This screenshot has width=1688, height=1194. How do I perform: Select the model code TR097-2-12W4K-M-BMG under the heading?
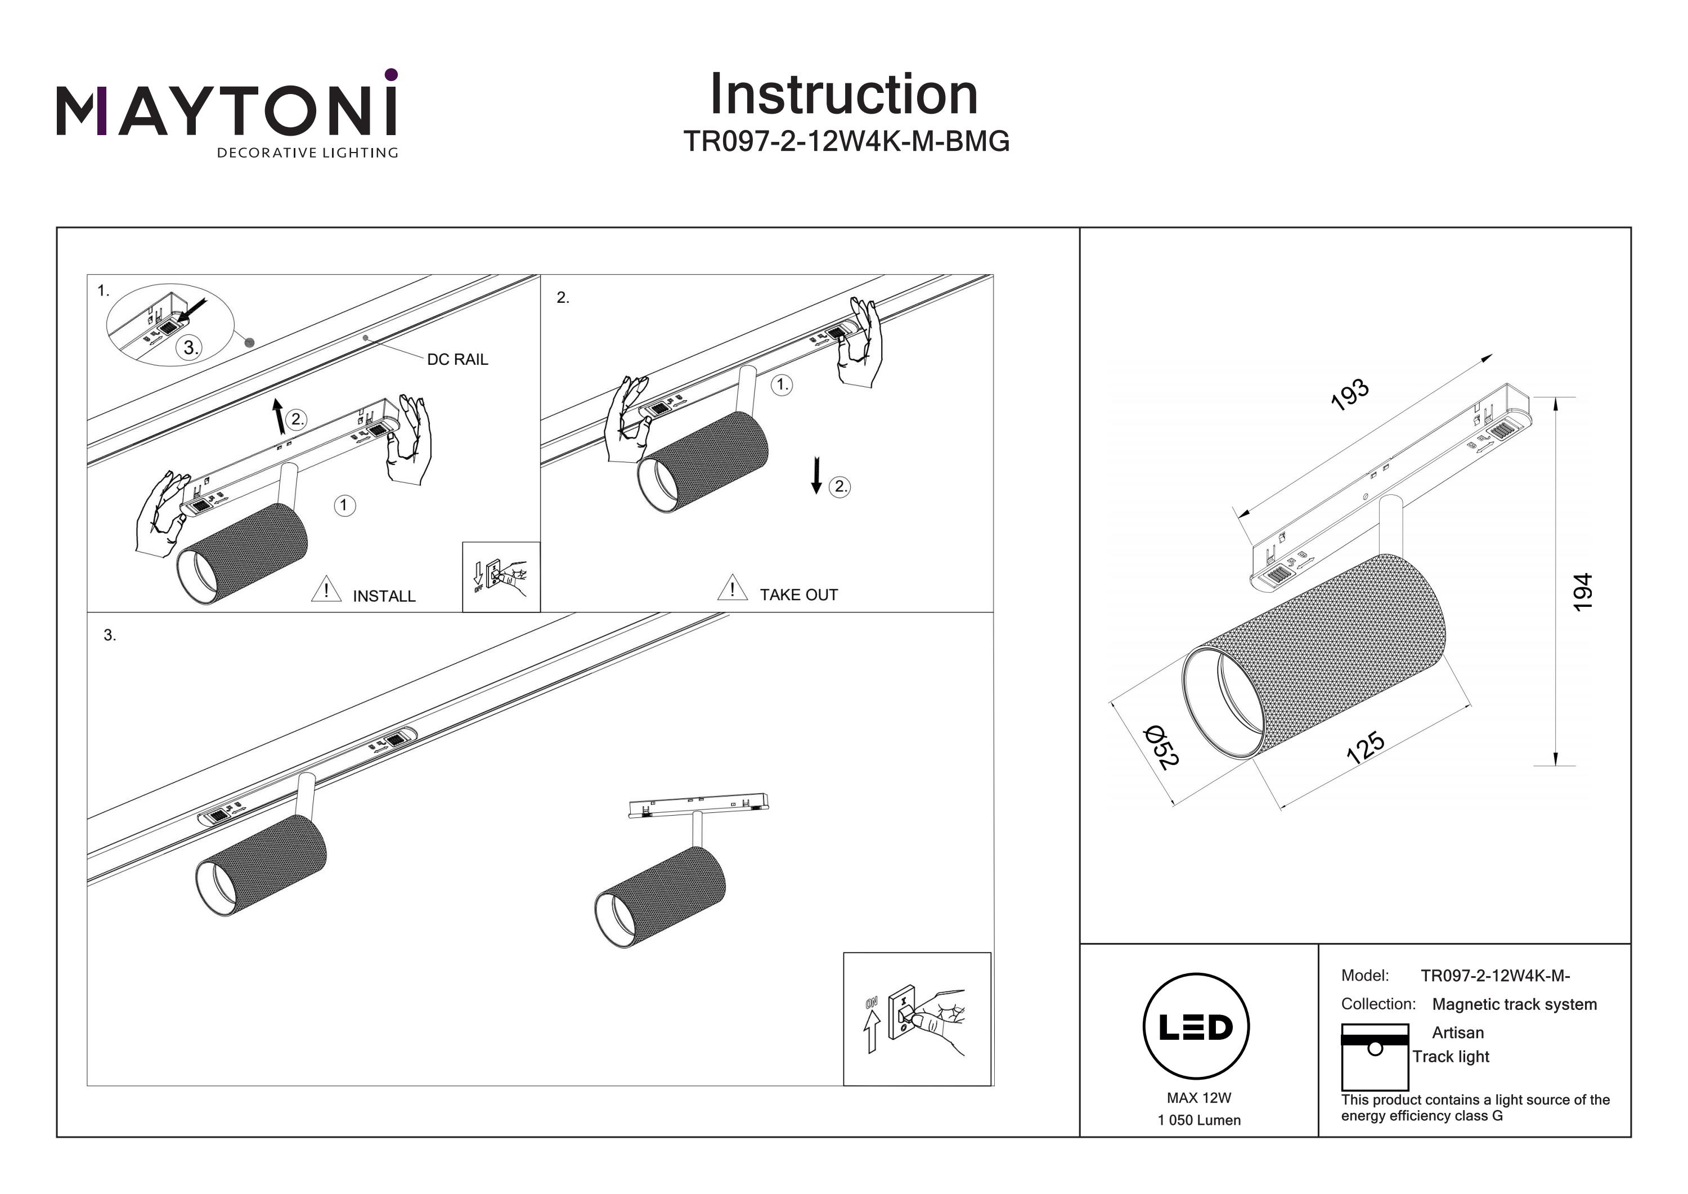pyautogui.click(x=846, y=141)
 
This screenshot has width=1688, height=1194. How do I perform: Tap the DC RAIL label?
pyautogui.click(x=457, y=359)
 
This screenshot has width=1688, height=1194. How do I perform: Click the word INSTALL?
pyautogui.click(x=384, y=596)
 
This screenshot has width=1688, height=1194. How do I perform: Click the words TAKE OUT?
pyautogui.click(x=798, y=594)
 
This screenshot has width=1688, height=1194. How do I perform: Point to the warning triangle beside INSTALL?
pyautogui.click(x=326, y=590)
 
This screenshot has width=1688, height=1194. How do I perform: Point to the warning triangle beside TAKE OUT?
pyautogui.click(x=732, y=588)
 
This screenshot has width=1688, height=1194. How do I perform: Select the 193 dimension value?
pyautogui.click(x=1350, y=394)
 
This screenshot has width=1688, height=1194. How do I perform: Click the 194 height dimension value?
pyautogui.click(x=1582, y=592)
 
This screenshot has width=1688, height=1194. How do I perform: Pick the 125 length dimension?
pyautogui.click(x=1365, y=748)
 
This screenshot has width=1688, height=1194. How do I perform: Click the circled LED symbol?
pyautogui.click(x=1196, y=1026)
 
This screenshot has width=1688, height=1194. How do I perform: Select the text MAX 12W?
pyautogui.click(x=1198, y=1098)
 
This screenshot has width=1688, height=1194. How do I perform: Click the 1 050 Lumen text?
pyautogui.click(x=1198, y=1120)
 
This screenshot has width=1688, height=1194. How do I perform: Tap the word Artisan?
pyautogui.click(x=1457, y=1032)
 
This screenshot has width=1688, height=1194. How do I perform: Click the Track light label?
pyautogui.click(x=1451, y=1057)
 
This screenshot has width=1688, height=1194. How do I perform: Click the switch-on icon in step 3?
pyautogui.click(x=917, y=1019)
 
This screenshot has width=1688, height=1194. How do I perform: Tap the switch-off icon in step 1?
pyautogui.click(x=501, y=577)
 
